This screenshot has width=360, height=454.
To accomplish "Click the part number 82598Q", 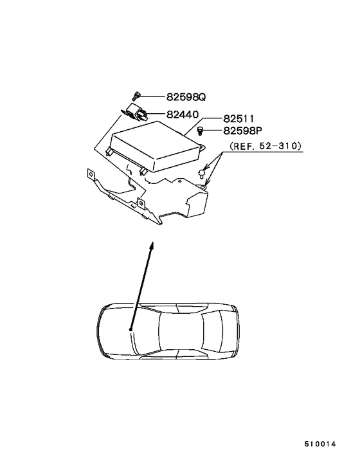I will pyautogui.click(x=186, y=98).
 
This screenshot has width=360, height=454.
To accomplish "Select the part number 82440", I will pyautogui.click(x=184, y=114).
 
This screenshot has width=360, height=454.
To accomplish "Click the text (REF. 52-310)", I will pyautogui.click(x=265, y=146).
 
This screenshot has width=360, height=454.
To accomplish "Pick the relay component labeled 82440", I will pyautogui.click(x=136, y=113).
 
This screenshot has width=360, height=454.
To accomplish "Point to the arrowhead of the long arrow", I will pyautogui.click(x=152, y=245).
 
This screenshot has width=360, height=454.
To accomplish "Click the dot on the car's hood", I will pyautogui.click(x=130, y=329).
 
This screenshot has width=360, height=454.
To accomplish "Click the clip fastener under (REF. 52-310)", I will pyautogui.click(x=203, y=172).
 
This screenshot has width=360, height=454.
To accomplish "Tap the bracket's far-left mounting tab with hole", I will pyautogui.click(x=91, y=174).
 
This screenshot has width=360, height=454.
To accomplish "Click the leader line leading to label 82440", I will pyautogui.click(x=157, y=115).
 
